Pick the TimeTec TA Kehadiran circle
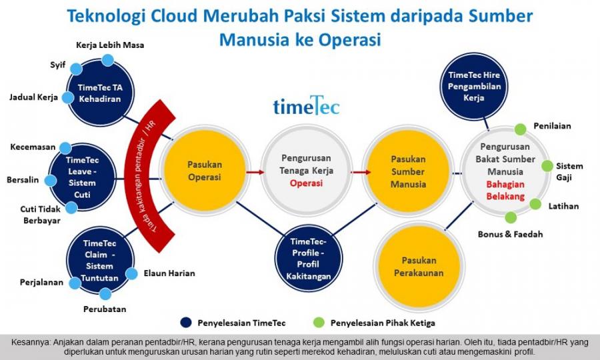(99, 94)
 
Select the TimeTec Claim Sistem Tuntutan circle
(102, 259)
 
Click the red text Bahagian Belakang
(505, 191)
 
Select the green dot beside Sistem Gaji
(547, 166)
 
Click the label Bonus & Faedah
(510, 234)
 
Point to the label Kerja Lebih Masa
(109, 45)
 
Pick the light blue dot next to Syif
(76, 68)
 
